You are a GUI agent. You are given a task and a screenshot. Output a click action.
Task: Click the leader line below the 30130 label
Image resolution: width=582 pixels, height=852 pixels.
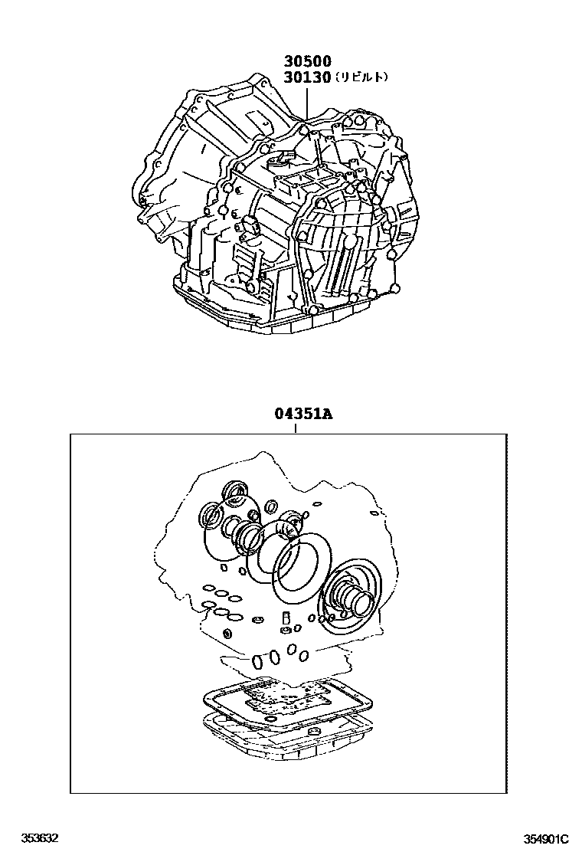coord(308,100)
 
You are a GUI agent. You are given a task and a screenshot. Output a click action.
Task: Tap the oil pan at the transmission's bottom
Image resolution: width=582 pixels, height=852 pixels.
coord(230,314)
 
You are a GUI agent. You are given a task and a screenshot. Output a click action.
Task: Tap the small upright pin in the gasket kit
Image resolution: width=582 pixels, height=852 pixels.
coord(286,619)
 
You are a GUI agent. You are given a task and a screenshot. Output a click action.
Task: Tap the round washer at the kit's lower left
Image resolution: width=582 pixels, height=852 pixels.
coord(227,634)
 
